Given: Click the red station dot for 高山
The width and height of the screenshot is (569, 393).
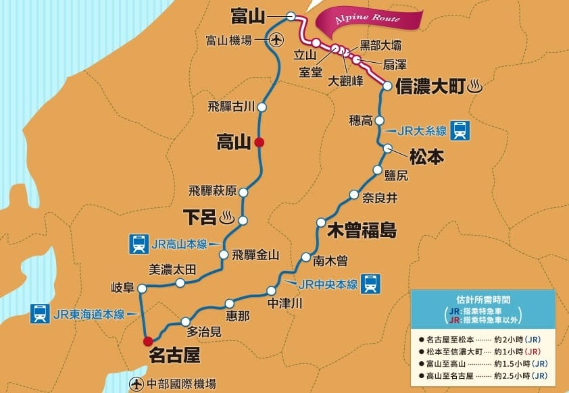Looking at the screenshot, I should click(x=259, y=142).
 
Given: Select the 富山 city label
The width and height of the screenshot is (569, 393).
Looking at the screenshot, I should click(x=248, y=15).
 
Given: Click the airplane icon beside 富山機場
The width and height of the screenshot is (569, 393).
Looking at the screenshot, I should click(x=275, y=41).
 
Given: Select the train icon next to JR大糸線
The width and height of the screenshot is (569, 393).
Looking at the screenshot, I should click(x=460, y=130).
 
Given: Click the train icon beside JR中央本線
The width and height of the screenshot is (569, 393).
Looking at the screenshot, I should click(x=371, y=284).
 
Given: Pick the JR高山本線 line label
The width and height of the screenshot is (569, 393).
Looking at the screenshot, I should click(x=178, y=243).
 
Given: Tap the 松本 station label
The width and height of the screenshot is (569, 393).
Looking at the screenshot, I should click(x=426, y=157).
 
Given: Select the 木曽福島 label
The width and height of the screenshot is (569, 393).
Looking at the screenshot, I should click(x=361, y=229).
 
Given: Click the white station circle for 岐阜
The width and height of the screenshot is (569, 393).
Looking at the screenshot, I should click(x=142, y=288).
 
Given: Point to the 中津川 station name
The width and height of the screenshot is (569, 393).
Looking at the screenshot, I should click(x=284, y=303).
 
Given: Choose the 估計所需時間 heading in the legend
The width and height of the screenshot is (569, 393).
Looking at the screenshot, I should click(x=483, y=298).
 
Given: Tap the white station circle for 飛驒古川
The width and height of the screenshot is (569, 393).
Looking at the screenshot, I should click(x=262, y=107).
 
